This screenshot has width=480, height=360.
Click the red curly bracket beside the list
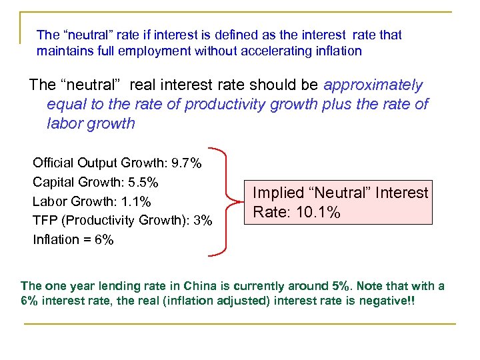coord(229,200)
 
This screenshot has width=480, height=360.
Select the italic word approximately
coord(373,85)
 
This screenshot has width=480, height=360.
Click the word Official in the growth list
coord(53,163)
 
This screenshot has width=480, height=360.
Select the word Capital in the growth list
coord(53,182)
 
